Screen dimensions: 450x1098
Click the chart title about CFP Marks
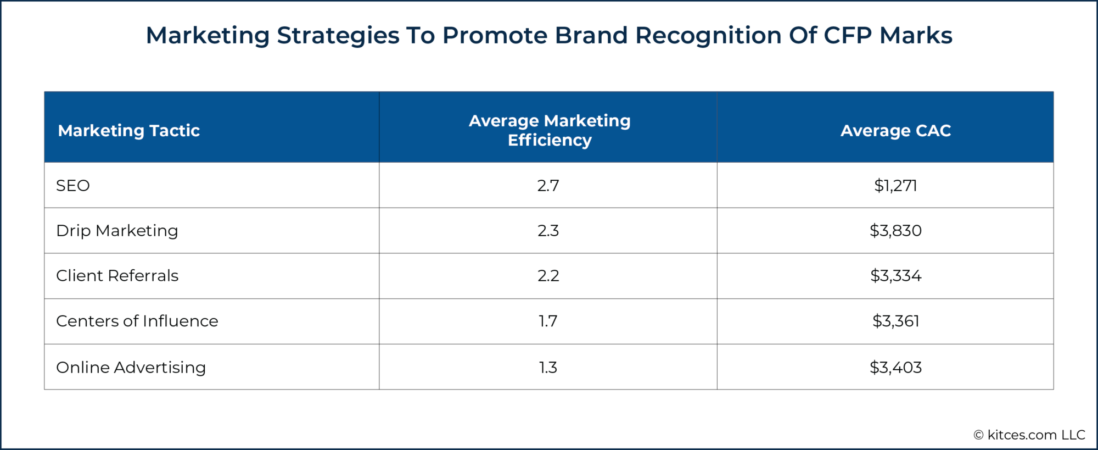coord(549,36)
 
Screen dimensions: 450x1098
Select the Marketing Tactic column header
coord(129,130)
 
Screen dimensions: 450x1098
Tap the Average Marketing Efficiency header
coord(550,130)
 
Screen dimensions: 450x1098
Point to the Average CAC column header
coord(895,130)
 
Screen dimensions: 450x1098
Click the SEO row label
coord(73,186)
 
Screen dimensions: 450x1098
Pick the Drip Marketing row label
coord(117,231)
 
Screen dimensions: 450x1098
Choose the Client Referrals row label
coord(117,276)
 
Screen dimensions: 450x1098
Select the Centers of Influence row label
coord(137,321)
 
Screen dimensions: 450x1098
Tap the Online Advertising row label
coord(131,367)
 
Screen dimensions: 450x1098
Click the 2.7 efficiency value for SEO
coord(548,186)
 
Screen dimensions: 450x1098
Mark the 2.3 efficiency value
coord(548,231)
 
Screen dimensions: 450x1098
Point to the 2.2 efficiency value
coord(548,276)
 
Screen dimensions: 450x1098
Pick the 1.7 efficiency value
coord(548,321)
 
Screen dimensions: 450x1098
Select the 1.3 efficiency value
coord(548,367)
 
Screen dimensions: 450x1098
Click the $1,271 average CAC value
coord(895,186)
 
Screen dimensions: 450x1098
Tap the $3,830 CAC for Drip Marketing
coord(895,231)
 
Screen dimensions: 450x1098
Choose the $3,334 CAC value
coord(895,276)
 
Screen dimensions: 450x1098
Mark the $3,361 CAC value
coord(895,321)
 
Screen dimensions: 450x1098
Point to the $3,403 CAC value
coord(895,367)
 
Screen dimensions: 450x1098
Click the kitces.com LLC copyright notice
coord(1029,435)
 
